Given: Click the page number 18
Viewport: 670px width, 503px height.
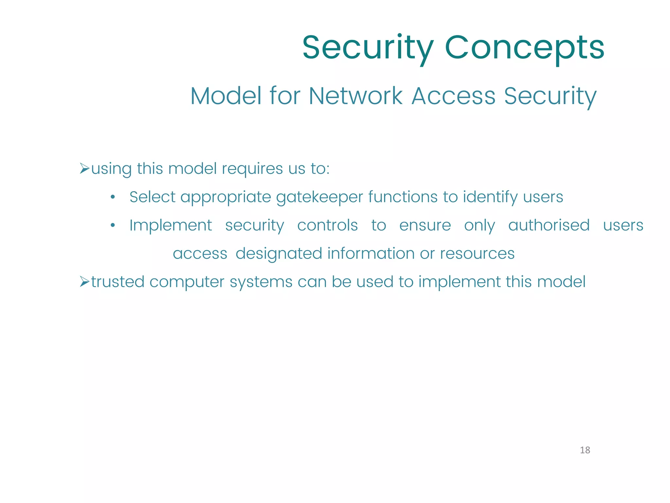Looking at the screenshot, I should (x=585, y=450).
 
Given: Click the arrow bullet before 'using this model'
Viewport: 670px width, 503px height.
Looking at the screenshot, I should (x=84, y=169).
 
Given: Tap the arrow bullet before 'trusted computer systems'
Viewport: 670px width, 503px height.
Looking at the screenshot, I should (x=84, y=282).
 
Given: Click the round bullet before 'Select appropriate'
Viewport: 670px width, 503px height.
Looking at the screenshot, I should (x=113, y=197).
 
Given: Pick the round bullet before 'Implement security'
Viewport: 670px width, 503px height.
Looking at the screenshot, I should (x=113, y=225).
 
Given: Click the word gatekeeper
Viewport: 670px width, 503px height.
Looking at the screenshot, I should (x=320, y=197).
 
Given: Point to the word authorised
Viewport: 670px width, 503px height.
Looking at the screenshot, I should (x=549, y=225).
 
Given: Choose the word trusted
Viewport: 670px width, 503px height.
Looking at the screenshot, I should (x=118, y=282).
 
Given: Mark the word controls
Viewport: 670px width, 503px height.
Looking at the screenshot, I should (x=327, y=225).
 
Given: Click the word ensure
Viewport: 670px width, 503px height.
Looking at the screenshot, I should (x=425, y=226).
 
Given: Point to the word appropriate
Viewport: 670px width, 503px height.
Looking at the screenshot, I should (x=225, y=197).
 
